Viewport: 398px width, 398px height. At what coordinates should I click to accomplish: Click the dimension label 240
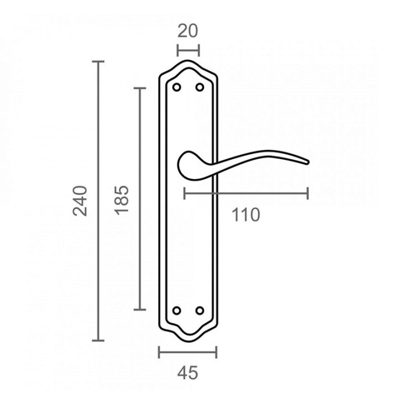(x=80, y=201)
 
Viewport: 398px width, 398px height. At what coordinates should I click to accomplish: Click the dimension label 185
(x=122, y=200)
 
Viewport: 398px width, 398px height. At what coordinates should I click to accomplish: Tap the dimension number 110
(x=245, y=214)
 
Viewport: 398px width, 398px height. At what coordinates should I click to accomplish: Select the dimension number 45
(x=187, y=373)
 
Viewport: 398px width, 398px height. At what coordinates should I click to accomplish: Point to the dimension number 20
(x=187, y=31)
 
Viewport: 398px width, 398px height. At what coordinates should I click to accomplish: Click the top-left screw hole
(x=177, y=87)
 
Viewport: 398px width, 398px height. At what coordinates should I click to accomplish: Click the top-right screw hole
(x=200, y=87)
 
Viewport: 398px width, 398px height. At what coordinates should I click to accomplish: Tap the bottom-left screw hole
(x=177, y=311)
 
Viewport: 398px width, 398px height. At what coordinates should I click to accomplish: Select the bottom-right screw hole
(x=200, y=311)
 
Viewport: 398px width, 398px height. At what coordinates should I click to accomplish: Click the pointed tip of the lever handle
(x=308, y=163)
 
